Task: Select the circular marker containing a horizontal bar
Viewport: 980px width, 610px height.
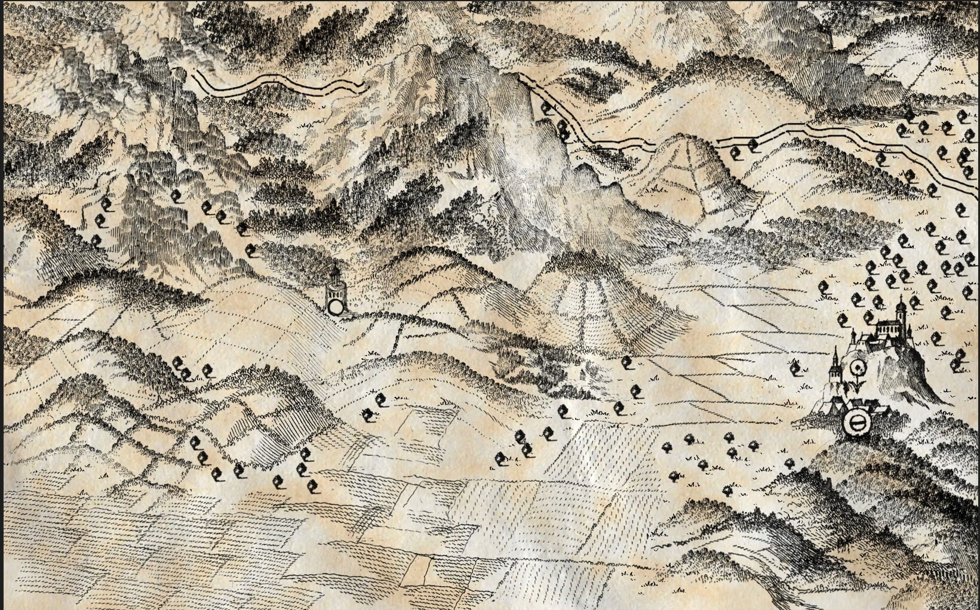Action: [x=856, y=423]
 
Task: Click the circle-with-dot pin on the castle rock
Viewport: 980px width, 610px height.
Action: [x=858, y=367]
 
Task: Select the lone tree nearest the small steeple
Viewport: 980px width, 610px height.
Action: [x=795, y=369]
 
